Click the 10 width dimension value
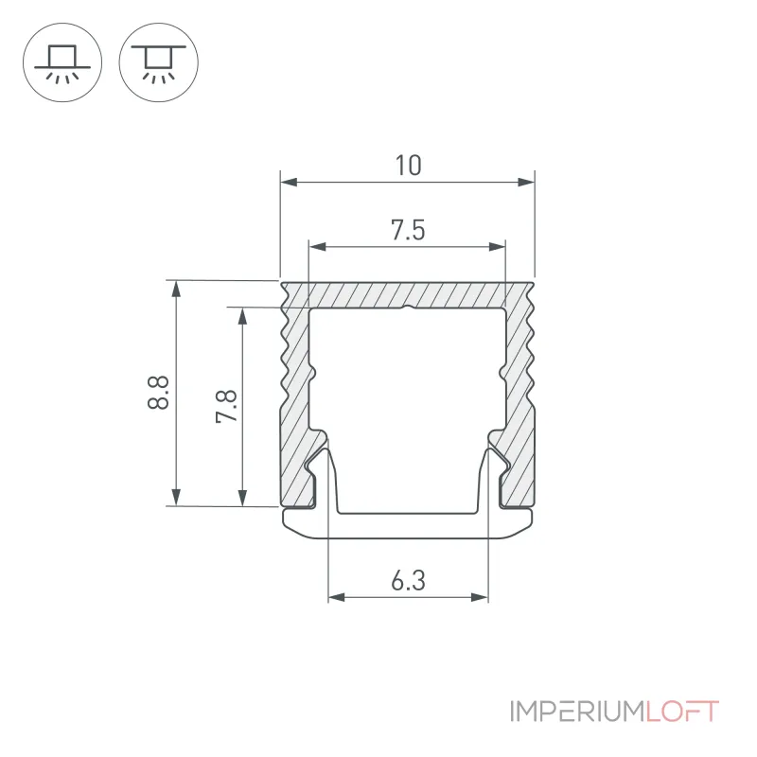[x=409, y=165]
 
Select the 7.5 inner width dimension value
[x=408, y=230]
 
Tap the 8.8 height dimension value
[x=158, y=393]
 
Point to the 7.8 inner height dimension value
[x=226, y=406]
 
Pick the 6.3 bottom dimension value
[x=408, y=580]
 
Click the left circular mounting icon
[x=62, y=62]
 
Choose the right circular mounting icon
[x=158, y=62]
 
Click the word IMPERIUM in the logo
[x=577, y=712]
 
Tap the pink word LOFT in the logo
[x=682, y=712]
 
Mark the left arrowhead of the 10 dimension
[x=289, y=182]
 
